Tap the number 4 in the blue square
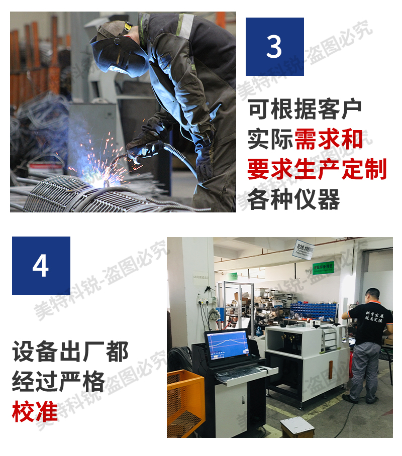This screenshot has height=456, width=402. pyautogui.click(x=41, y=265)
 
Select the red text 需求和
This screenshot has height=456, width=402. pyautogui.click(x=329, y=140)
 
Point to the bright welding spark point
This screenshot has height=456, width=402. pyautogui.click(x=107, y=173)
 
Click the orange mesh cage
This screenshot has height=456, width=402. pyautogui.click(x=185, y=401)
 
